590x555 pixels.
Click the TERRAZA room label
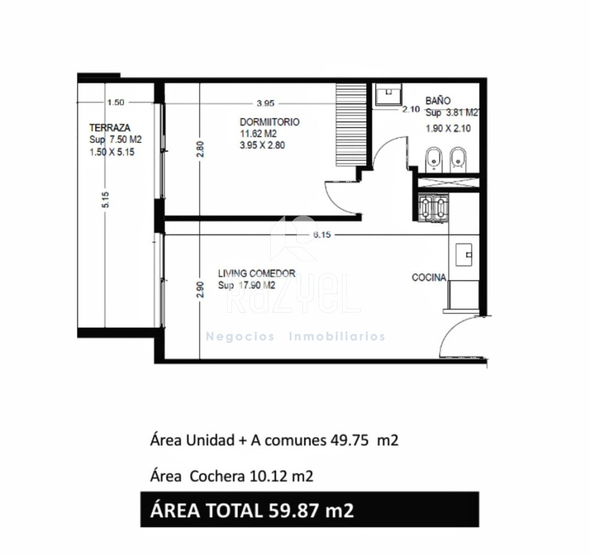[109, 128]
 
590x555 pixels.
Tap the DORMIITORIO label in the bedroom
[270, 122]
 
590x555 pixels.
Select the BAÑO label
[438, 101]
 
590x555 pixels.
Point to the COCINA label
[429, 277]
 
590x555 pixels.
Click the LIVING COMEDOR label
[257, 273]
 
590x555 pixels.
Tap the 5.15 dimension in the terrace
[106, 200]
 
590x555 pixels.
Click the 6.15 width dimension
[322, 234]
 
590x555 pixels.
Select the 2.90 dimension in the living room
[200, 290]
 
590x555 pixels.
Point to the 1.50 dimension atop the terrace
[115, 102]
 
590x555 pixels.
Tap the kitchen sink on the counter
[464, 255]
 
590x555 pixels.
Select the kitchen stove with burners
[433, 208]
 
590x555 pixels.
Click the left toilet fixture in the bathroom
[434, 159]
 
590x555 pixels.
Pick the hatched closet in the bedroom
[351, 125]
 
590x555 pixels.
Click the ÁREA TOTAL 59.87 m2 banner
[310, 509]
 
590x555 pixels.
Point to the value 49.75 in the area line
[349, 440]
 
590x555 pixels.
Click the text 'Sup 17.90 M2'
[246, 286]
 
